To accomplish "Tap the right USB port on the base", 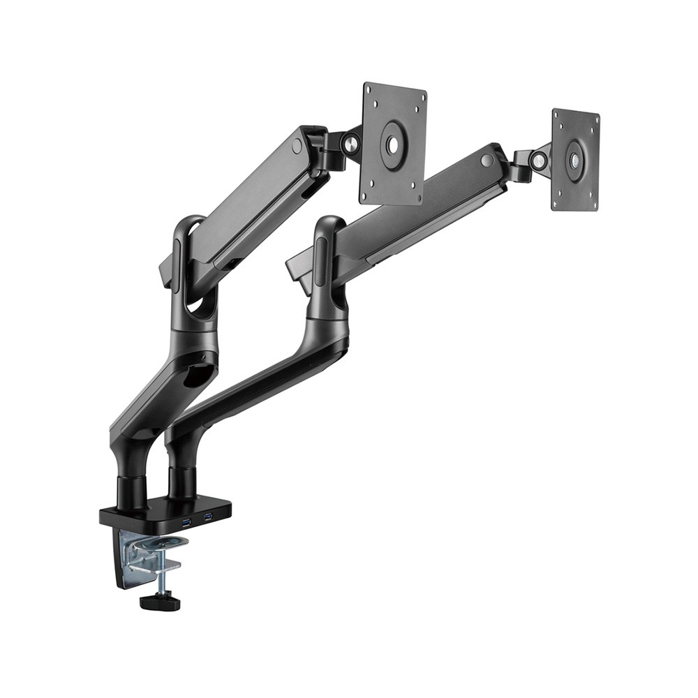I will pyautogui.click(x=207, y=517).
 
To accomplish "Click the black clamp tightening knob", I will pyautogui.click(x=160, y=601).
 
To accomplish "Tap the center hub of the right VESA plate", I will pyautogui.click(x=575, y=160).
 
